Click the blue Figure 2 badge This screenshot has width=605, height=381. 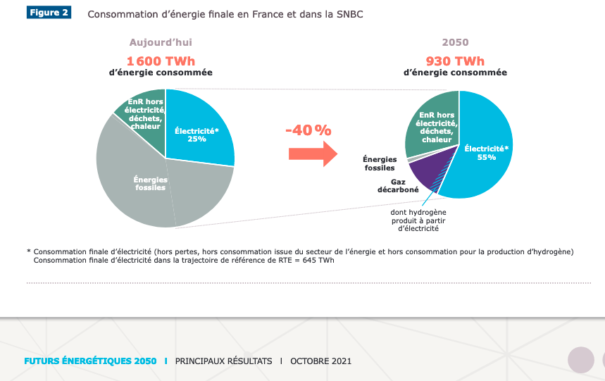coord(50,13)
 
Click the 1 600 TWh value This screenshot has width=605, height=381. coord(161,61)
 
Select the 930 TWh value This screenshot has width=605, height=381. coord(455,61)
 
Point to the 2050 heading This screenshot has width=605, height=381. coord(455,42)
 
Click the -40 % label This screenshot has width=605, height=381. coord(308,130)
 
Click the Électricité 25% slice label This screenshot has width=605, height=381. coord(197,135)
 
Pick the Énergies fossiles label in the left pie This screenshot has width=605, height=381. coord(150,184)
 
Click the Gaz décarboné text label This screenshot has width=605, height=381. coord(394,186)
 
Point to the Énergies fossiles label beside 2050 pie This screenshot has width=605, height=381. coord(380,163)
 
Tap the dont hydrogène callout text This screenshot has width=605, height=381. coord(418,220)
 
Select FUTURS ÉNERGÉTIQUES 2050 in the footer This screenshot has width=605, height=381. coord(90,361)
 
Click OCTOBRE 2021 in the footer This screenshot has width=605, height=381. coord(320,361)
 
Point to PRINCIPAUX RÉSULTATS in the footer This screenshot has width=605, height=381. coord(223,361)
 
